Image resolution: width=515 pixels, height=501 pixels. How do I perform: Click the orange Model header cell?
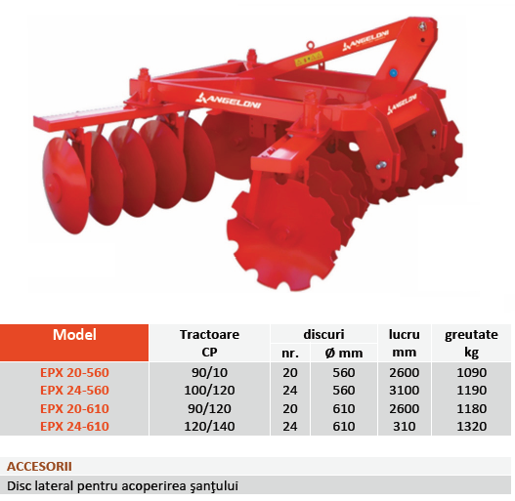pos(74,343)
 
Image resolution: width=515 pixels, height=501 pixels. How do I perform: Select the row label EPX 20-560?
pos(74,373)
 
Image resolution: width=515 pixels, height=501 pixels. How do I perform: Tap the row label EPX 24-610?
pos(74,426)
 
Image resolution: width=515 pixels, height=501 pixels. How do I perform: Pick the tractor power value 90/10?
pos(209,373)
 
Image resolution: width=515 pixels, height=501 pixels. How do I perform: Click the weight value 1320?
pos(471,426)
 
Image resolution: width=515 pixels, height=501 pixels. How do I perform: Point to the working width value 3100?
pos(405,391)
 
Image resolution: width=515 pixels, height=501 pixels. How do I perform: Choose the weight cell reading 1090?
pos(471,373)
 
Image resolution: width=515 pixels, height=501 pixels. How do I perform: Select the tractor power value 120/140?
pos(209,426)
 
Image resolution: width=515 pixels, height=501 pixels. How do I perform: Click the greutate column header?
pos(471,335)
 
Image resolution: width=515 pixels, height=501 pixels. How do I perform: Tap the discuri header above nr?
pos(323,334)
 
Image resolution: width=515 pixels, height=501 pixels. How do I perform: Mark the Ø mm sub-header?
pos(344,354)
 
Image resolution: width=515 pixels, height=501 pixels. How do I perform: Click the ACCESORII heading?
pos(39,466)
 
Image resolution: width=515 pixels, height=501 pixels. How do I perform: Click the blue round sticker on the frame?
pos(393,72)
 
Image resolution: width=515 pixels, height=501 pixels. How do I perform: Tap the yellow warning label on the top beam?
pos(309,60)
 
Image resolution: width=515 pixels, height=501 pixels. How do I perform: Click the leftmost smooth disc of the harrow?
pos(64,186)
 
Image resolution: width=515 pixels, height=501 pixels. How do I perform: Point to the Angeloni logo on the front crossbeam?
pos(229,102)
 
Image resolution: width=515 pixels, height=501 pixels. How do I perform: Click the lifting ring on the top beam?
pos(311,45)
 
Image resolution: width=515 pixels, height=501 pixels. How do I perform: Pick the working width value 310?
pos(405,426)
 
